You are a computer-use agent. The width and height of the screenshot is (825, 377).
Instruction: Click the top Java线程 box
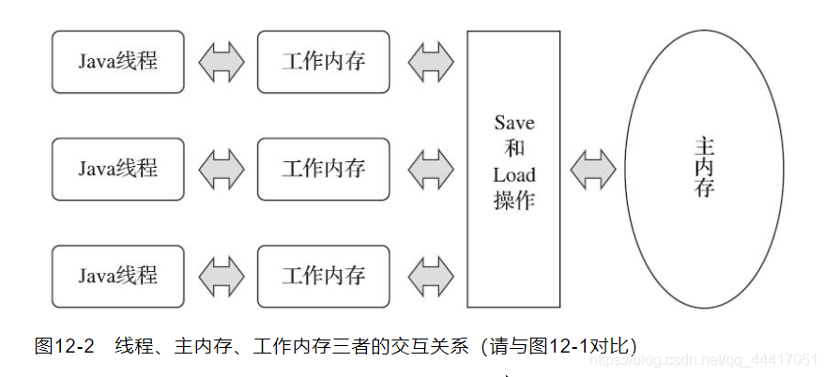[x=117, y=62]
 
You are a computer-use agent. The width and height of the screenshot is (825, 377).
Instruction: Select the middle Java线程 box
[x=117, y=169]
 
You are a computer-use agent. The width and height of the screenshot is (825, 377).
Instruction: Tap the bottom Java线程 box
[x=117, y=276]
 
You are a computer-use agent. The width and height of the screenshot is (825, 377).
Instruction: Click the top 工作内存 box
[x=323, y=62]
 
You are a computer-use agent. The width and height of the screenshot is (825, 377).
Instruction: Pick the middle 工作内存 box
[x=323, y=169]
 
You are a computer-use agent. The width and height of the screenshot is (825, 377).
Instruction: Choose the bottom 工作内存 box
[x=323, y=276]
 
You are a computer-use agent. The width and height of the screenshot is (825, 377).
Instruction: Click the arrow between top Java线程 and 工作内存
[x=221, y=62]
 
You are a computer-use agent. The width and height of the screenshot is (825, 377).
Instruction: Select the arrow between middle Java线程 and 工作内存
[x=221, y=169]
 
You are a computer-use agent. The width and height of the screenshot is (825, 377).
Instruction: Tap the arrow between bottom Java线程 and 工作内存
[x=221, y=276]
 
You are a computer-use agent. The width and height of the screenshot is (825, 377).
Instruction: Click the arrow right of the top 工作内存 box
[x=430, y=62]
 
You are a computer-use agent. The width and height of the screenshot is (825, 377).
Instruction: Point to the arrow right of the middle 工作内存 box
[x=430, y=169]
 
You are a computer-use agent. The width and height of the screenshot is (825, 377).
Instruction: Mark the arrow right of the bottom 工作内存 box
[x=430, y=276]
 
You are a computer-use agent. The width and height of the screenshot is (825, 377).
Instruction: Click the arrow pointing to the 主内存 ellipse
[x=593, y=169]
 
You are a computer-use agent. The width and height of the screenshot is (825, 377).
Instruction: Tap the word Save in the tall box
[x=513, y=123]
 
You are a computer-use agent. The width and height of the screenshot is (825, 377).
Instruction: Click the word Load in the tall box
[x=513, y=174]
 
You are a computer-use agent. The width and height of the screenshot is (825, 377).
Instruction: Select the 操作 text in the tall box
[x=513, y=201]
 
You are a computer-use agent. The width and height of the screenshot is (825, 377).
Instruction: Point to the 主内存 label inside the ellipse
[x=704, y=169]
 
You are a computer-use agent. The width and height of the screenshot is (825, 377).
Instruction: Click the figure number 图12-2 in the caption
[x=65, y=346]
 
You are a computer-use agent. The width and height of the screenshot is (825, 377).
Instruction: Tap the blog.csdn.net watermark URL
[x=713, y=358]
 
